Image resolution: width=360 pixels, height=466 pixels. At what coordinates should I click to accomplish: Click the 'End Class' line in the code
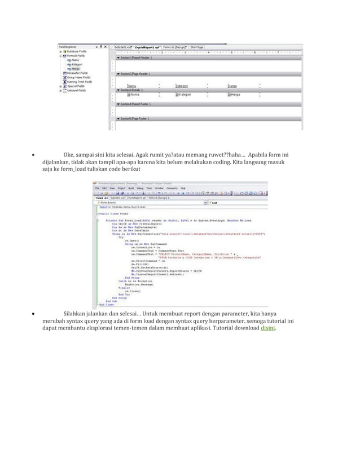coord(107,305)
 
